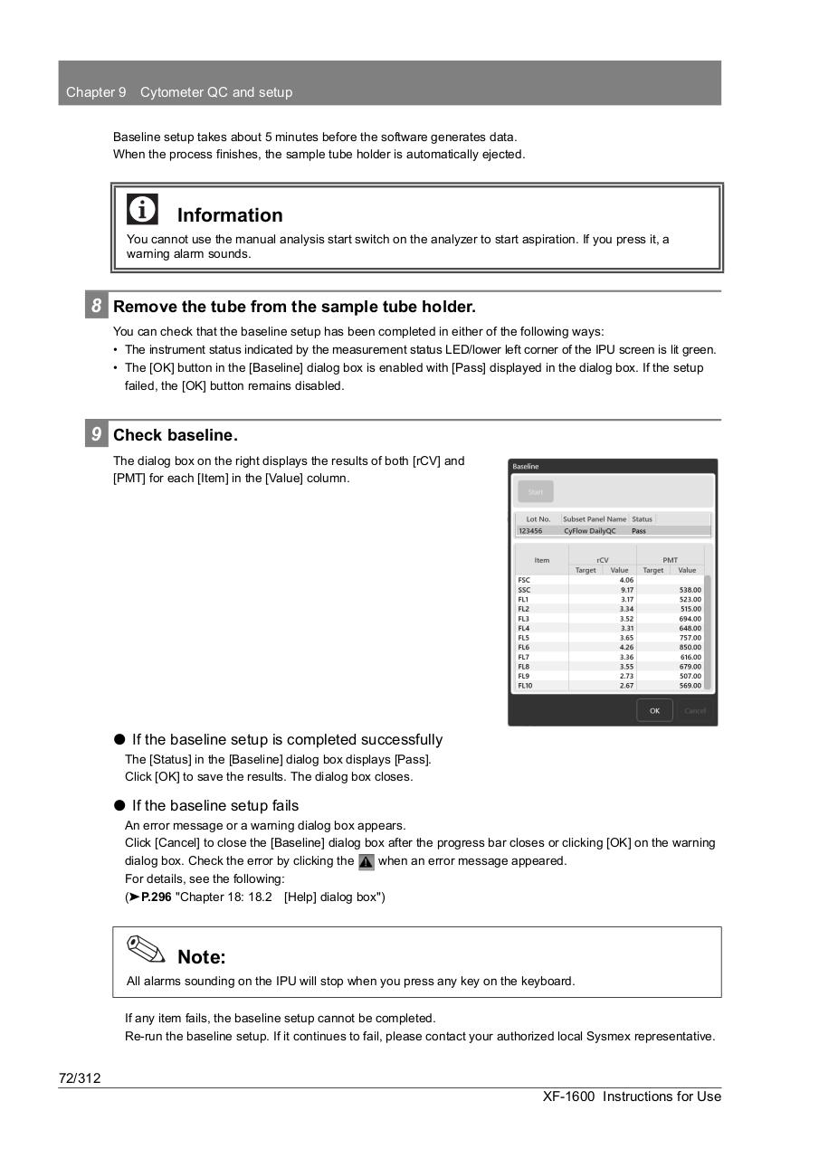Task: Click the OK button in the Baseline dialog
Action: [654, 710]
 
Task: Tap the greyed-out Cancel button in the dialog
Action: [695, 710]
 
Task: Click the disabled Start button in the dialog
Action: [536, 492]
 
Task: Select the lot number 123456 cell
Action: [531, 531]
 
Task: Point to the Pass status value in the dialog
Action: [639, 531]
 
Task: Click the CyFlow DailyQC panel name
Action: [589, 531]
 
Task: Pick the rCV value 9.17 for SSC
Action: [626, 590]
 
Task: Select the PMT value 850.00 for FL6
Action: [690, 648]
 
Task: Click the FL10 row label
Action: [524, 686]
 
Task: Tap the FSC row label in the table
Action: [524, 580]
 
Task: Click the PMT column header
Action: [670, 560]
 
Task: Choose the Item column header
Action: [541, 561]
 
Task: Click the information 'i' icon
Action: [142, 209]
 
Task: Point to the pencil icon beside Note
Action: [146, 950]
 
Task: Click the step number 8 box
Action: [96, 306]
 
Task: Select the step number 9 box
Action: [96, 434]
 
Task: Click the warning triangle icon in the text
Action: [367, 861]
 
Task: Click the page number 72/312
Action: [80, 1077]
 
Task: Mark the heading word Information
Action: [230, 215]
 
